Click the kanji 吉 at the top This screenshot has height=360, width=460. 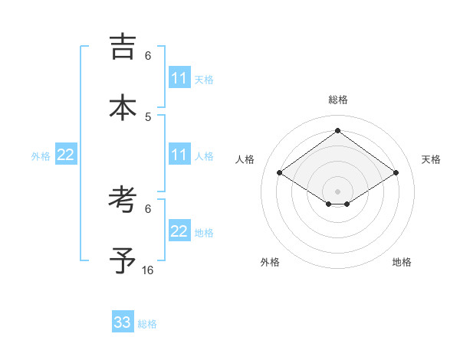point(123,48)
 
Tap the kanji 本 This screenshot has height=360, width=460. point(123,108)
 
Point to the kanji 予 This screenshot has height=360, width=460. point(123,261)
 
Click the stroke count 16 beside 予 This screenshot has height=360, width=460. point(148,270)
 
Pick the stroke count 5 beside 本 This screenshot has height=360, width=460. point(148,116)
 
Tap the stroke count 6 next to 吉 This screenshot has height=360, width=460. point(148,56)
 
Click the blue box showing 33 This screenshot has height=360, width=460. point(123,322)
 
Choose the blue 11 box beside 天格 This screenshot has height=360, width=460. point(179,78)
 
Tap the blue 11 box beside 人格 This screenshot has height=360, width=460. point(179,155)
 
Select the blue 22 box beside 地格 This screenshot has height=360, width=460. point(179,231)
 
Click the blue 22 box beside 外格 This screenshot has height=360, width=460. point(66,155)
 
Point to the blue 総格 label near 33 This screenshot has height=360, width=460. point(147,324)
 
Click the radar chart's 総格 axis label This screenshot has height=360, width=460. point(338,100)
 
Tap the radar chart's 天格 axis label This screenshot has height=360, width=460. point(431,159)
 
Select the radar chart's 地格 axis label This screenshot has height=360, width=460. point(402,262)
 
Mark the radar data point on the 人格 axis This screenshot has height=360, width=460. point(280,173)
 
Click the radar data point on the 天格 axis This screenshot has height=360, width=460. point(396,173)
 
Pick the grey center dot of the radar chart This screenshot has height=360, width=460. point(338,191)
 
